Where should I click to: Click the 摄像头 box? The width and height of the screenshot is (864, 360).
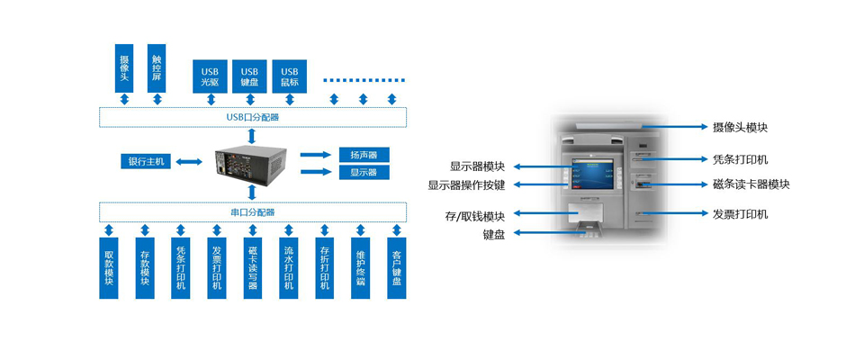pos(124,67)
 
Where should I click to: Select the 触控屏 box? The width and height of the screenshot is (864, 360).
pos(157,67)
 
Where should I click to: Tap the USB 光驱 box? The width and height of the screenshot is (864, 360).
pos(210,76)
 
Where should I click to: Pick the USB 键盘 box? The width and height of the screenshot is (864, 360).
pos(249,76)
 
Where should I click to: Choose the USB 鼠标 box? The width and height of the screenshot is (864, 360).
pos(289,76)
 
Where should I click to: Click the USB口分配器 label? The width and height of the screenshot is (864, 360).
pos(252,117)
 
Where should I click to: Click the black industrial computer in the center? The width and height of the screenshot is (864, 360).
pos(252,162)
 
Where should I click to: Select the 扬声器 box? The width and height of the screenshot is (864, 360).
pos(364,155)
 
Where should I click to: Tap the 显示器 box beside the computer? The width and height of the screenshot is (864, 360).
pos(364,172)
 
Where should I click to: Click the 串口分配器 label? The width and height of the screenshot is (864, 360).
pos(252,212)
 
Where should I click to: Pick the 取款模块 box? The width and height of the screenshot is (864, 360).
pos(109,267)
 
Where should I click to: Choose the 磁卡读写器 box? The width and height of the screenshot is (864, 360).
pos(252,267)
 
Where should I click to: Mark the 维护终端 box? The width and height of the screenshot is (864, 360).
pos(360,267)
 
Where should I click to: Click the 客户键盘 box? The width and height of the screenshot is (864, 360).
pos(396,267)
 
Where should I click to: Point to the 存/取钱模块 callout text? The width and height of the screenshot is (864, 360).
pos(475,216)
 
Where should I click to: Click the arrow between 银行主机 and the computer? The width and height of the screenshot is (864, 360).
pos(188,162)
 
